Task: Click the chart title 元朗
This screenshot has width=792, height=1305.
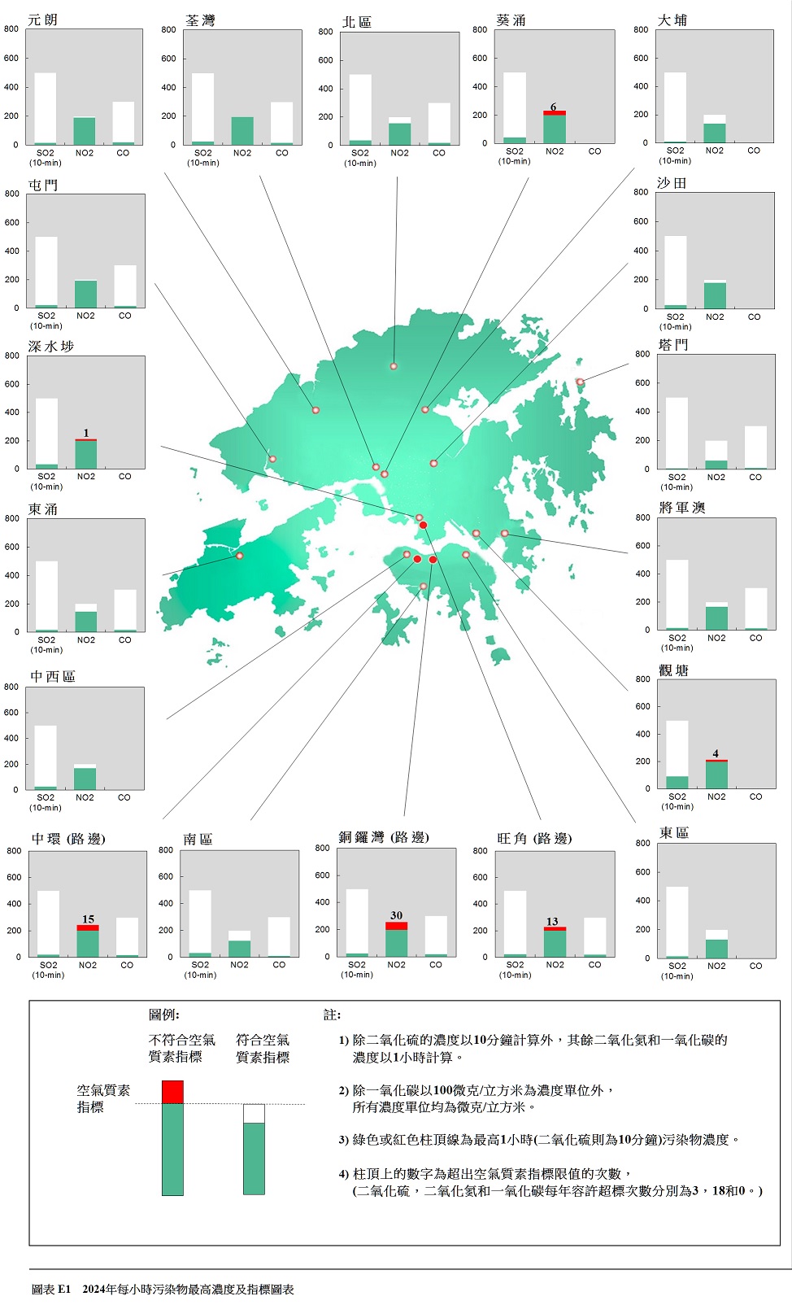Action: click(42, 20)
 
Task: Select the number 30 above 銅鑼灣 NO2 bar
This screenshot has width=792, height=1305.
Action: click(396, 915)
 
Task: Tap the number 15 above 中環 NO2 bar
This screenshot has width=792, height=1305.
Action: click(88, 919)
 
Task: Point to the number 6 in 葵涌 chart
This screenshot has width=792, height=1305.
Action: click(554, 107)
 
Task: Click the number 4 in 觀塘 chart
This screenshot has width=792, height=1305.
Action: click(716, 753)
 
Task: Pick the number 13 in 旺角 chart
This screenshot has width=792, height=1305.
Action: click(552, 921)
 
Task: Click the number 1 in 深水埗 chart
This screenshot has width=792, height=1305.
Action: click(86, 433)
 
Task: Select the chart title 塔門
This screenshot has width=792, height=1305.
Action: click(673, 345)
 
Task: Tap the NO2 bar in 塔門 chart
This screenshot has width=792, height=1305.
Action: click(716, 464)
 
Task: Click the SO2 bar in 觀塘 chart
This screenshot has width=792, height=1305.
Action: click(677, 782)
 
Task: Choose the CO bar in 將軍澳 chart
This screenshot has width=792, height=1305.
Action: click(756, 609)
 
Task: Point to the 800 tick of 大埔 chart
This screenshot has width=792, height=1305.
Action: click(641, 29)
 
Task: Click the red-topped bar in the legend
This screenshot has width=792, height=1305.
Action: click(172, 1137)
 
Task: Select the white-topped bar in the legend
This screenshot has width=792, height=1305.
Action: click(254, 1149)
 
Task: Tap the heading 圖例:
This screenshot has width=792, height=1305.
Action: click(163, 1015)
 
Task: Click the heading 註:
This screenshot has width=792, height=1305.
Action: click(332, 1015)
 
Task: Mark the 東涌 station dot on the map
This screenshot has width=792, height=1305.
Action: click(240, 556)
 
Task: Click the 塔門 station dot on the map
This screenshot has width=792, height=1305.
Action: click(580, 382)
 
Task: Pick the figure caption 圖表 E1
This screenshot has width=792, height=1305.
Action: click(51, 1290)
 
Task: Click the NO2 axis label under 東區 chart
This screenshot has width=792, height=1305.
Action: click(716, 966)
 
